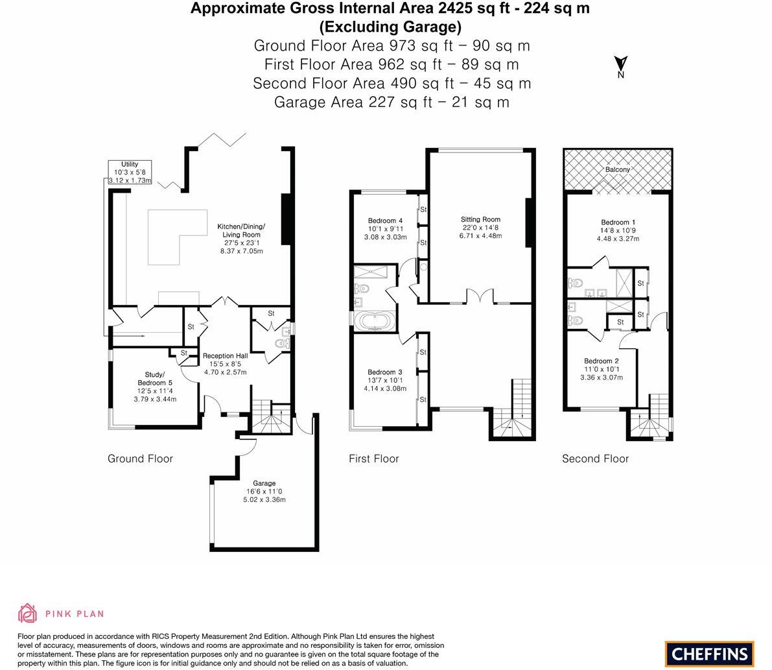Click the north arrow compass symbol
620,65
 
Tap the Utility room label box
130,173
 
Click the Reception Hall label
225,364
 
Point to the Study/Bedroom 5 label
155,387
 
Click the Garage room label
264,492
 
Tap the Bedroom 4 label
386,228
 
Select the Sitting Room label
480,228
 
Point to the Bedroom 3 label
385,380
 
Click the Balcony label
617,169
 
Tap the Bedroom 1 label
618,230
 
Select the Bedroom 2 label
601,369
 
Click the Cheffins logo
710,654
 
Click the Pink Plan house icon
28,613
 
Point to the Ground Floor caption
140,459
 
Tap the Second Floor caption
595,459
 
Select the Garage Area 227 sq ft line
392,102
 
